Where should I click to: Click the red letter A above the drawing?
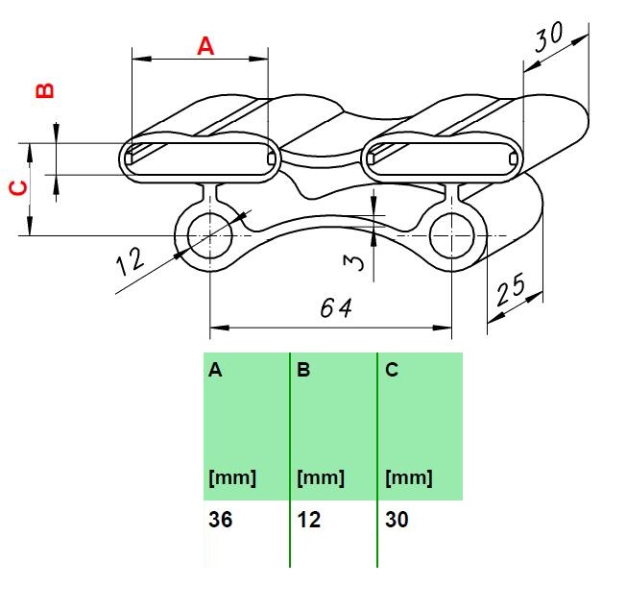pos(205,46)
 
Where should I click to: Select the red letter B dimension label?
pos(45,90)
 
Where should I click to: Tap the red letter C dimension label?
pos(18,188)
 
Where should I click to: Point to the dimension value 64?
pos(336,308)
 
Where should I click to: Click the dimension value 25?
pos(511,289)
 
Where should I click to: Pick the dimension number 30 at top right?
pos(549,37)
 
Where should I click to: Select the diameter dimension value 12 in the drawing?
pos(130,262)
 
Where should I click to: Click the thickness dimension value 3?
pos(353,262)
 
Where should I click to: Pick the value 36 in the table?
pos(221,520)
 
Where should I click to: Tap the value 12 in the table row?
pos(308,520)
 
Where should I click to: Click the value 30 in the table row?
pos(397,520)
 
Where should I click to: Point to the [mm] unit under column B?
pos(321,477)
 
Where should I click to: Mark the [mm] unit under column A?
pos(232,477)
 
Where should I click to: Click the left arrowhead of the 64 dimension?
pos(219,328)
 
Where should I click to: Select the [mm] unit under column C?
pos(409,477)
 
